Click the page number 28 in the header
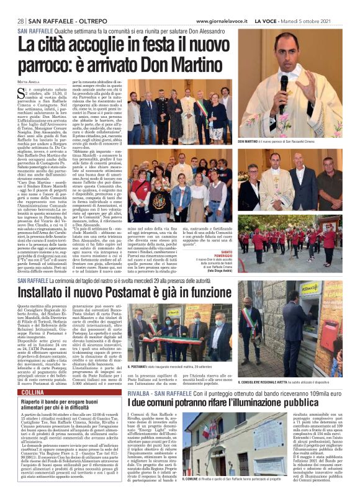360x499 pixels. coord(20,21)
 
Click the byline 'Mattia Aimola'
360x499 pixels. coord(28,81)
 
